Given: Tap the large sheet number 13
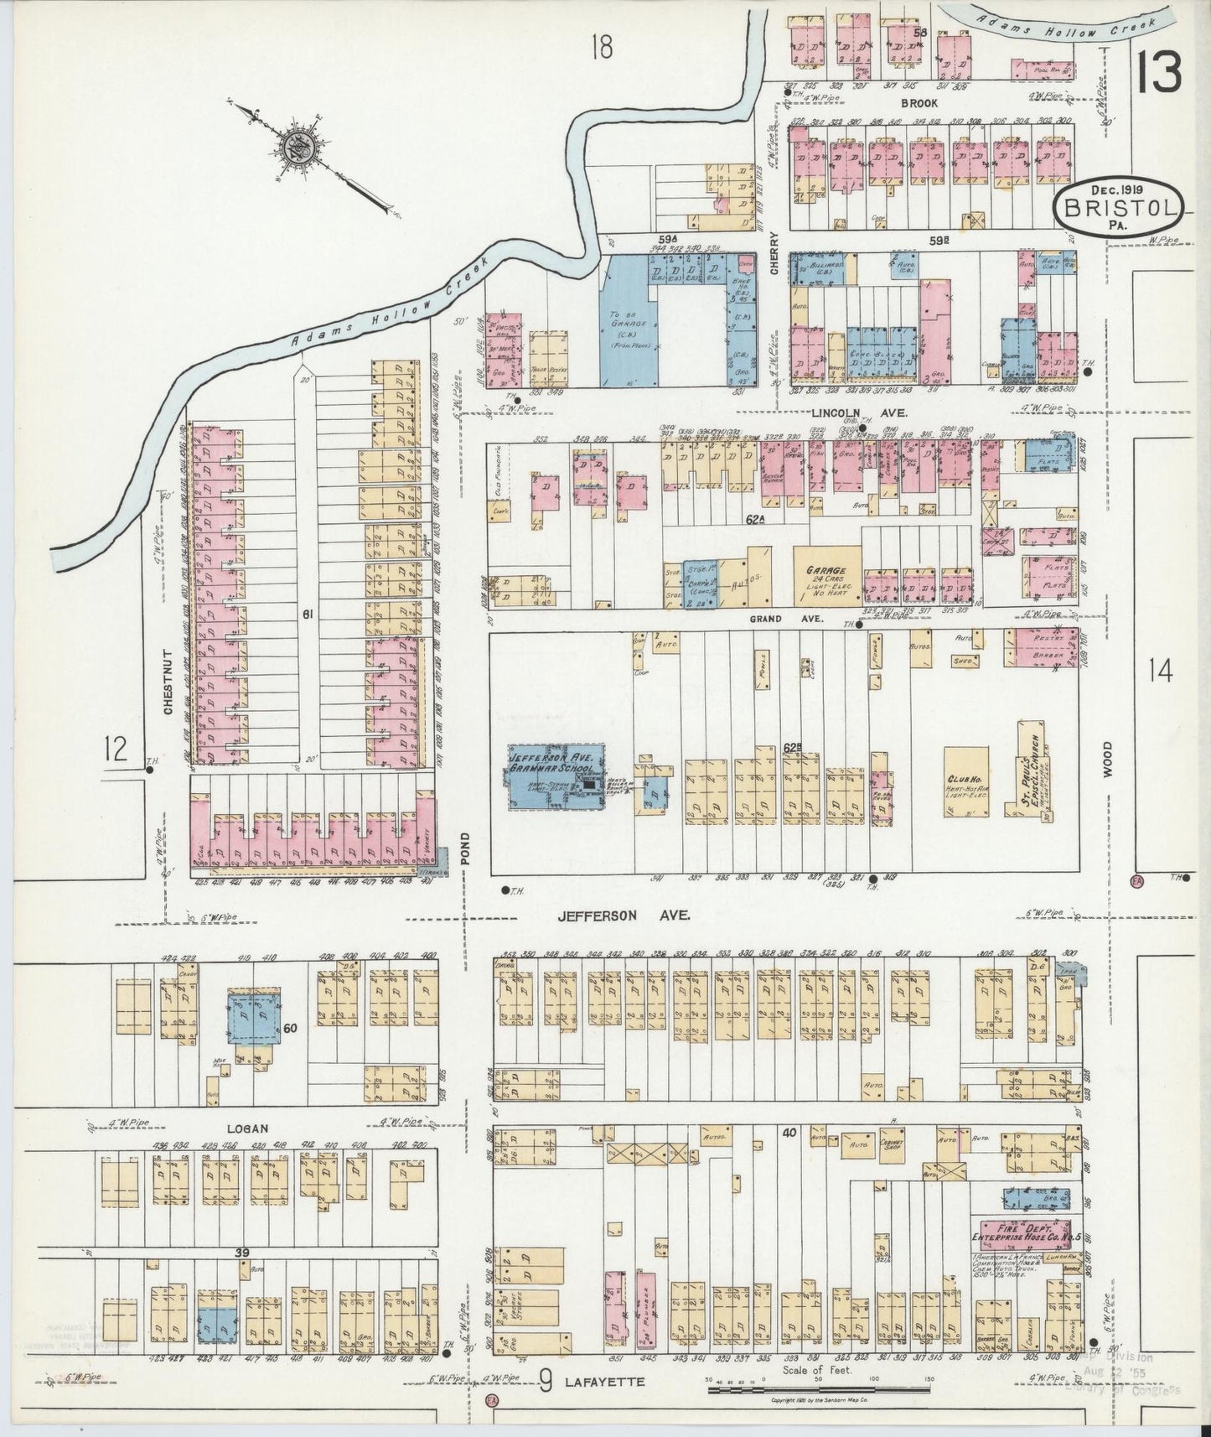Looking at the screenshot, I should pos(1161,74).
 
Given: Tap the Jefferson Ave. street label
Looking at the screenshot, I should pos(624,917).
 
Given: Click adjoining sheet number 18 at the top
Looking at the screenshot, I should pos(601,48).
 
